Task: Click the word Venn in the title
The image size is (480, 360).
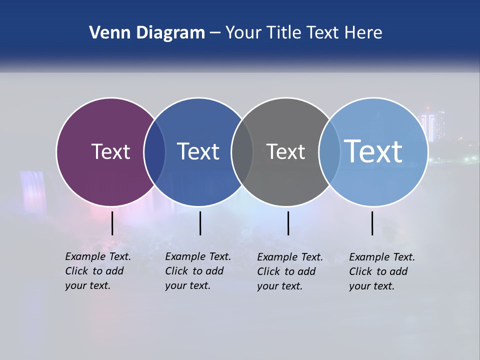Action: (106, 33)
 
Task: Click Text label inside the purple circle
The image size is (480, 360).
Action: (110, 151)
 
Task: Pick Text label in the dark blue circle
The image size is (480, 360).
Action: (198, 151)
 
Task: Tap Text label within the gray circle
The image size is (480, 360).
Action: (285, 151)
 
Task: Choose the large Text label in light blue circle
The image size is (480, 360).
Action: (373, 151)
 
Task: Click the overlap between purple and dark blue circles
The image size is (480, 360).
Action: (154, 152)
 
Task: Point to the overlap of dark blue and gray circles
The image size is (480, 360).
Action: (242, 152)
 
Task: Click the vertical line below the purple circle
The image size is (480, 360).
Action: (112, 223)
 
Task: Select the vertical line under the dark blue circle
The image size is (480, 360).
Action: (200, 223)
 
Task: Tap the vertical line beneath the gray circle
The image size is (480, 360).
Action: (288, 223)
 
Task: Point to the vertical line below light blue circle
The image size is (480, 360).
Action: (372, 223)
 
